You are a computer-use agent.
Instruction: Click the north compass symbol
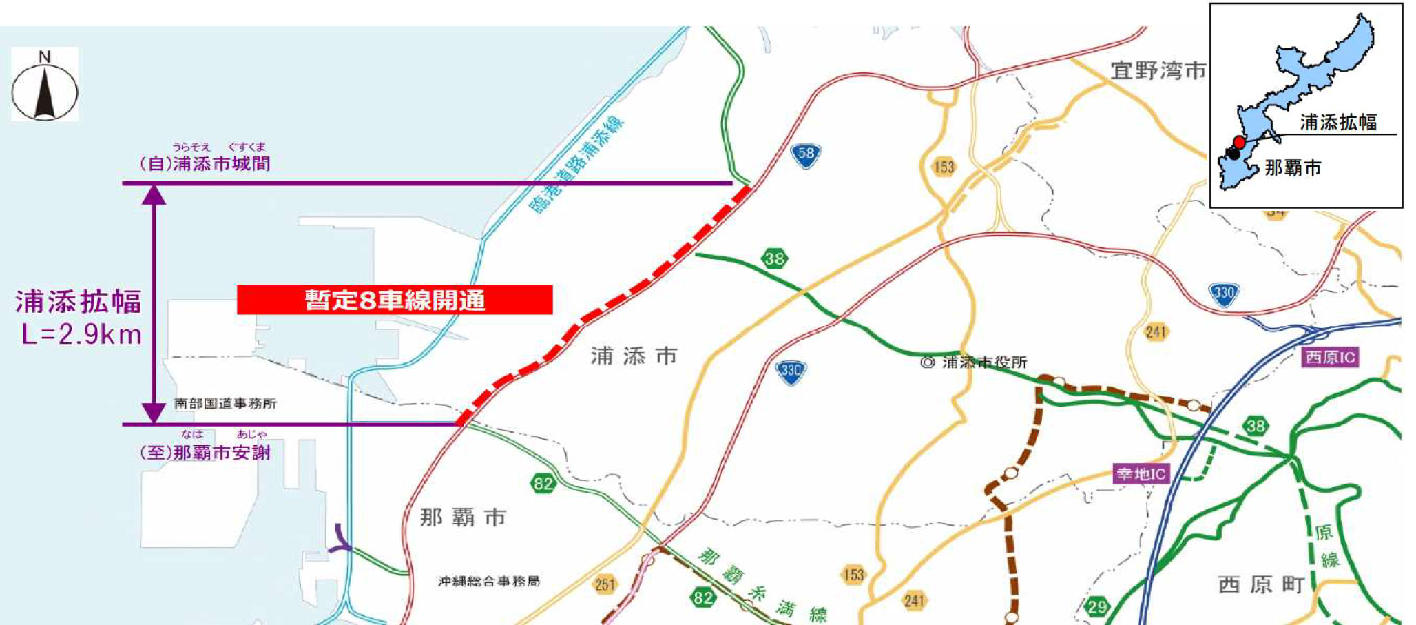45,86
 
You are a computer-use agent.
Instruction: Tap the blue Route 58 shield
806,155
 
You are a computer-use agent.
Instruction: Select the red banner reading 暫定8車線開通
395,300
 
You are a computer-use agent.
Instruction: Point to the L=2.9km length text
81,335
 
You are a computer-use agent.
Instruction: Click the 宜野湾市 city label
1158,70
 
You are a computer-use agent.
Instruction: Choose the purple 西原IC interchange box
1330,357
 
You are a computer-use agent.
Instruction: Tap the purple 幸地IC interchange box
1141,474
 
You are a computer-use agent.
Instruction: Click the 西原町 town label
1261,585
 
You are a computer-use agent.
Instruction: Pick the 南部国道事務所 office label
225,403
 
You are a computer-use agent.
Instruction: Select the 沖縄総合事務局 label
489,582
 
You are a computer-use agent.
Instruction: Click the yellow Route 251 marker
605,585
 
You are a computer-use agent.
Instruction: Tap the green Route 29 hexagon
1096,607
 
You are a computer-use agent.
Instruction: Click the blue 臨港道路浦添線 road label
577,165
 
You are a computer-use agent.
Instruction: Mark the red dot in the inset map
1239,142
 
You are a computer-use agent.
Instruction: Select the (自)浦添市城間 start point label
205,163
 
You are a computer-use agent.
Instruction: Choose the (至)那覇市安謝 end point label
205,453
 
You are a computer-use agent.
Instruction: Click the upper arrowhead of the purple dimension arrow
154,195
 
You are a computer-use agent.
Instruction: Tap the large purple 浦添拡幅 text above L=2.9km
79,302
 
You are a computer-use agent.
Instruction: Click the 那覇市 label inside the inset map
1293,168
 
